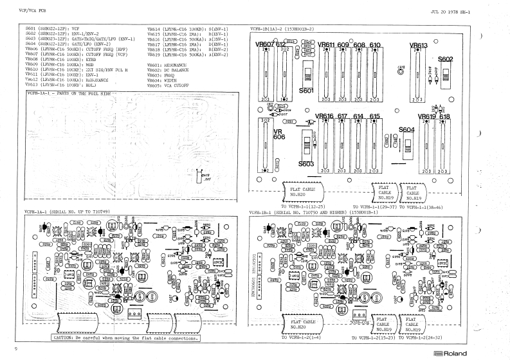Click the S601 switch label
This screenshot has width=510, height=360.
point(306,91)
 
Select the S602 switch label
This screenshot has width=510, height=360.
point(446,59)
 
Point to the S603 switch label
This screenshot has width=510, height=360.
point(306,164)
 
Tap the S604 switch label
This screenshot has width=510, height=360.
point(406,129)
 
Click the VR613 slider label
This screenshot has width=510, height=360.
point(419,46)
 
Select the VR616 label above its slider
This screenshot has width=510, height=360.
point(323,116)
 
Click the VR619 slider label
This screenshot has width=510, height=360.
point(426,116)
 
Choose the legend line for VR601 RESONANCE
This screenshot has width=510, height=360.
point(168,66)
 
